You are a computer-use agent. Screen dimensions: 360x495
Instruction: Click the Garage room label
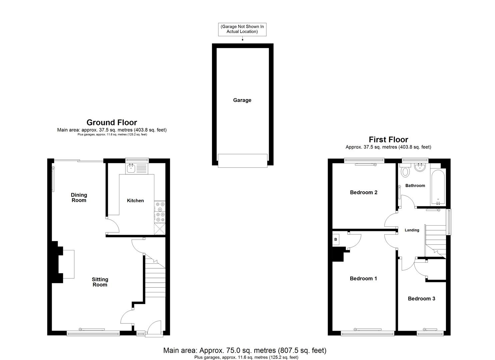pyautogui.click(x=242, y=100)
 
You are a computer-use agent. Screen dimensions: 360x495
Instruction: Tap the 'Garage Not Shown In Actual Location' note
pyautogui.click(x=242, y=29)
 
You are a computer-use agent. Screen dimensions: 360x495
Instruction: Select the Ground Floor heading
pyautogui.click(x=112, y=122)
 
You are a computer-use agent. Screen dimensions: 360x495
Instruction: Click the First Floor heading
pyautogui.click(x=388, y=139)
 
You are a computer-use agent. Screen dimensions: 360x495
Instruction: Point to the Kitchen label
pyautogui.click(x=135, y=200)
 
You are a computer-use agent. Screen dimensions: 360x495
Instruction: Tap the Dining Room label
pyautogui.click(x=79, y=197)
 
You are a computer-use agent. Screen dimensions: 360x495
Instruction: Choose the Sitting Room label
pyautogui.click(x=100, y=282)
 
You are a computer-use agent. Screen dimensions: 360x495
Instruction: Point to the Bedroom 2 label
pyautogui.click(x=364, y=192)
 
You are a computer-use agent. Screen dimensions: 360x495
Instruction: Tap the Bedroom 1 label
pyautogui.click(x=363, y=278)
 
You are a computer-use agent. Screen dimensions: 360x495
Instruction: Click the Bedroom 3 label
pyautogui.click(x=421, y=298)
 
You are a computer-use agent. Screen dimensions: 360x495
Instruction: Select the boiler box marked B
pyautogui.click(x=336, y=239)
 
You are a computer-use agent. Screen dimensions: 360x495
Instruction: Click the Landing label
pyautogui.click(x=412, y=230)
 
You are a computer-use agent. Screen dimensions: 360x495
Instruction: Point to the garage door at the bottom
pyautogui.click(x=242, y=160)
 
